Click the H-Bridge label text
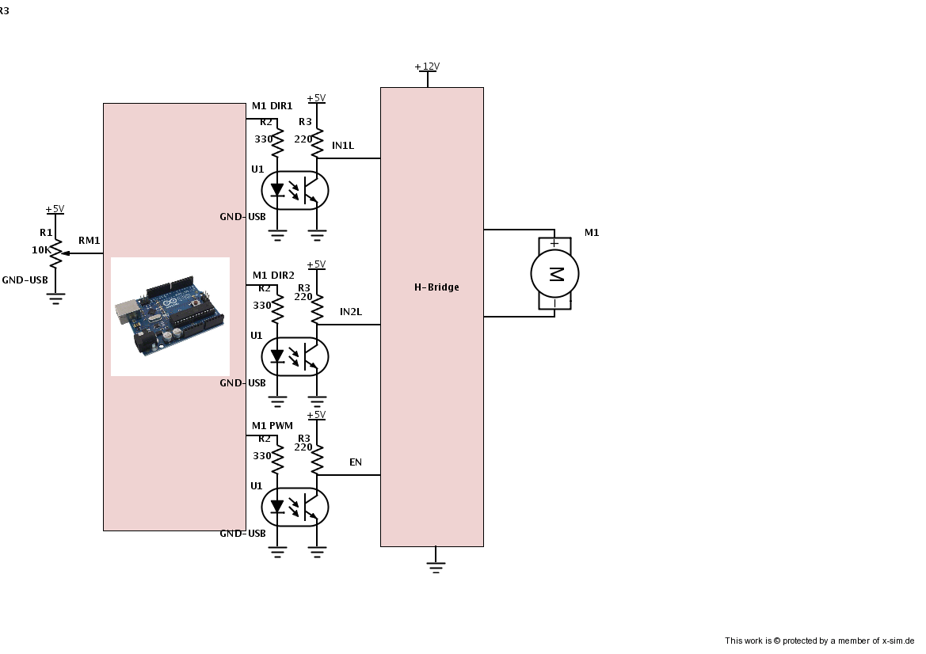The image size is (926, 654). coord(436,287)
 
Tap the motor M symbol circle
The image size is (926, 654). coord(554,274)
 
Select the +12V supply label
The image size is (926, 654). coord(427,67)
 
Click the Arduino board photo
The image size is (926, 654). coord(170,316)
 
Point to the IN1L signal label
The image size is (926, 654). coord(343,146)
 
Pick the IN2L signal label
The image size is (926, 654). coord(350,312)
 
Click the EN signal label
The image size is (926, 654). coord(356,462)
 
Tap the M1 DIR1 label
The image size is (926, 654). coord(272,106)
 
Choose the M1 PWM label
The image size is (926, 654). coord(272,426)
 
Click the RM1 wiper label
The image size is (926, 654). coord(89,241)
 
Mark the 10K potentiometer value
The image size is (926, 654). coord(40,249)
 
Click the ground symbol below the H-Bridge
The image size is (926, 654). coord(436,566)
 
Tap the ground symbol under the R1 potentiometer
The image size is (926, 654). coord(55,298)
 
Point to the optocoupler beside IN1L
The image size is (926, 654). coord(295,190)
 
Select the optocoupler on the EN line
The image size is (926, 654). coord(295,507)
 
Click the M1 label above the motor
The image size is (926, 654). coord(592,233)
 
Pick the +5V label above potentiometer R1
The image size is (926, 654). coord(55,209)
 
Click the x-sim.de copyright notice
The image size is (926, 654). coord(819,641)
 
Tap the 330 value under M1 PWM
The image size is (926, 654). coord(262,456)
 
